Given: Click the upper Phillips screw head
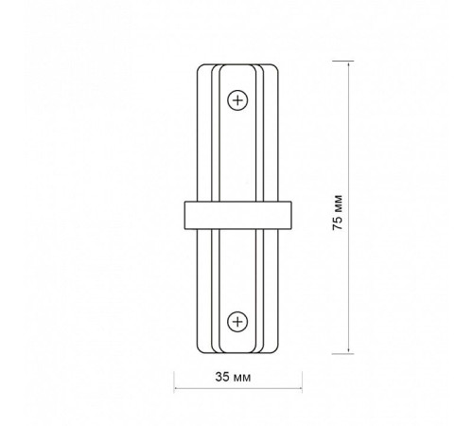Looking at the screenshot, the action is [x=237, y=100].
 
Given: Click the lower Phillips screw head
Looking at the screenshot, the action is [x=237, y=322].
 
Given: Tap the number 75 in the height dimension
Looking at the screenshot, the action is [x=338, y=223].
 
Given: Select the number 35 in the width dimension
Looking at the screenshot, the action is [x=223, y=377].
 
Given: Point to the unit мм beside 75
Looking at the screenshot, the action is [x=339, y=204].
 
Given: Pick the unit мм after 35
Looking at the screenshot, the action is [x=242, y=378].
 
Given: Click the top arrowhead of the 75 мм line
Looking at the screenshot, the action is [x=348, y=63].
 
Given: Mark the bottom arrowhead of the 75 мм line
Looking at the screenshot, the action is [x=348, y=350].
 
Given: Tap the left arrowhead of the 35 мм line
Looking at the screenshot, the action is [x=177, y=388].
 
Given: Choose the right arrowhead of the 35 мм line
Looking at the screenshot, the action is [x=299, y=388].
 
